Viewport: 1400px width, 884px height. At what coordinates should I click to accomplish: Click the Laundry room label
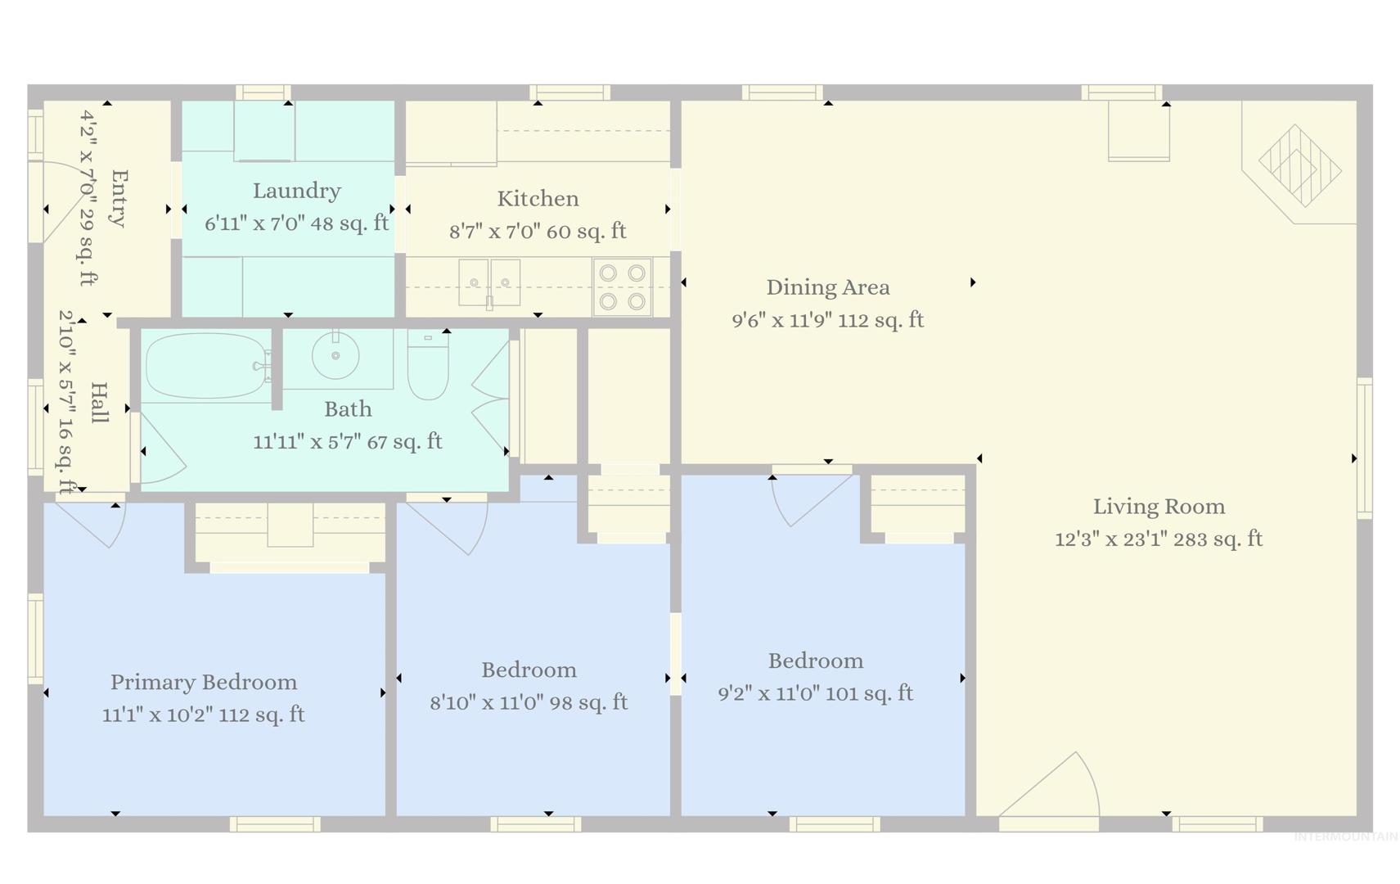[297, 191]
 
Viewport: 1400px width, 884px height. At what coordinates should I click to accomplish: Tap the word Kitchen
[538, 199]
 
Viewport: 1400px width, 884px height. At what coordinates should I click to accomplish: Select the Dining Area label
[828, 287]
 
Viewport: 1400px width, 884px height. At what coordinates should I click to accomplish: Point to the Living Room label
[1159, 507]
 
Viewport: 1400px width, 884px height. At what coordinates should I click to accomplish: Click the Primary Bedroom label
[204, 682]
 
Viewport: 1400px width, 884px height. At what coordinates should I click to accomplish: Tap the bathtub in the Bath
[208, 367]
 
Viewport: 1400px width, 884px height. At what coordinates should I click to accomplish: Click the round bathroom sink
[335, 355]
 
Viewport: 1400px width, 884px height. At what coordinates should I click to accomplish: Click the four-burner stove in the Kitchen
[623, 287]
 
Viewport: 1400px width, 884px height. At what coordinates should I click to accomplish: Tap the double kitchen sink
[489, 282]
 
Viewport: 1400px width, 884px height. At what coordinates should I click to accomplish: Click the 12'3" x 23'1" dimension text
[1111, 539]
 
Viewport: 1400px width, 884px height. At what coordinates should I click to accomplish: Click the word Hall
[100, 403]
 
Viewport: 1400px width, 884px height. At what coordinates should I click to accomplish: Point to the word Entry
[119, 198]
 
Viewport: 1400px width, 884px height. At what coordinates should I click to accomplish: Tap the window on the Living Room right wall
[1364, 448]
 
